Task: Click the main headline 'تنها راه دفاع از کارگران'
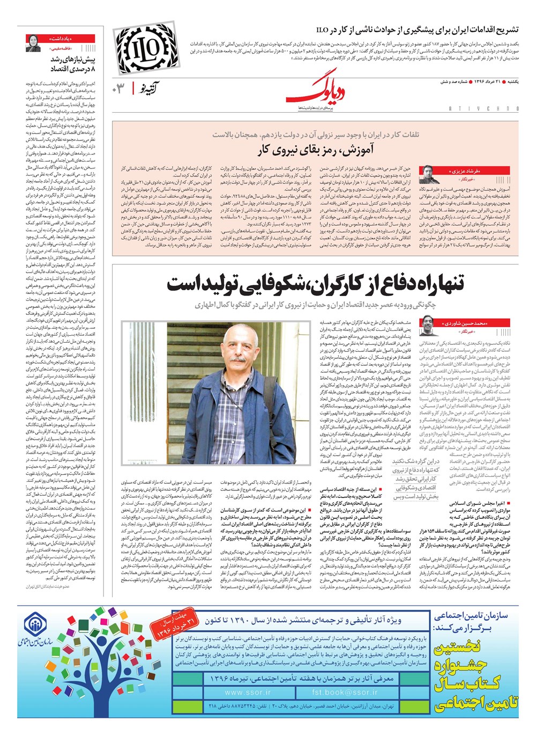click(315, 284)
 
